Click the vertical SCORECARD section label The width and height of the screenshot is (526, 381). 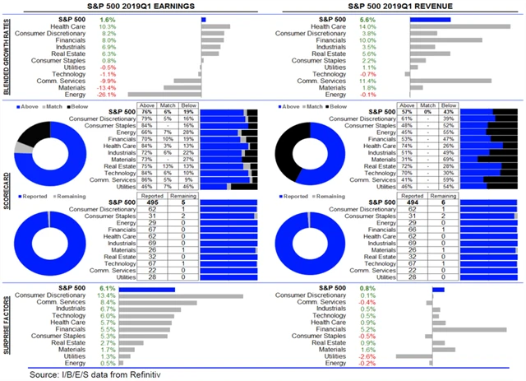[x=8, y=192]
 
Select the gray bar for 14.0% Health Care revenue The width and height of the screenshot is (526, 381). [x=466, y=26]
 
